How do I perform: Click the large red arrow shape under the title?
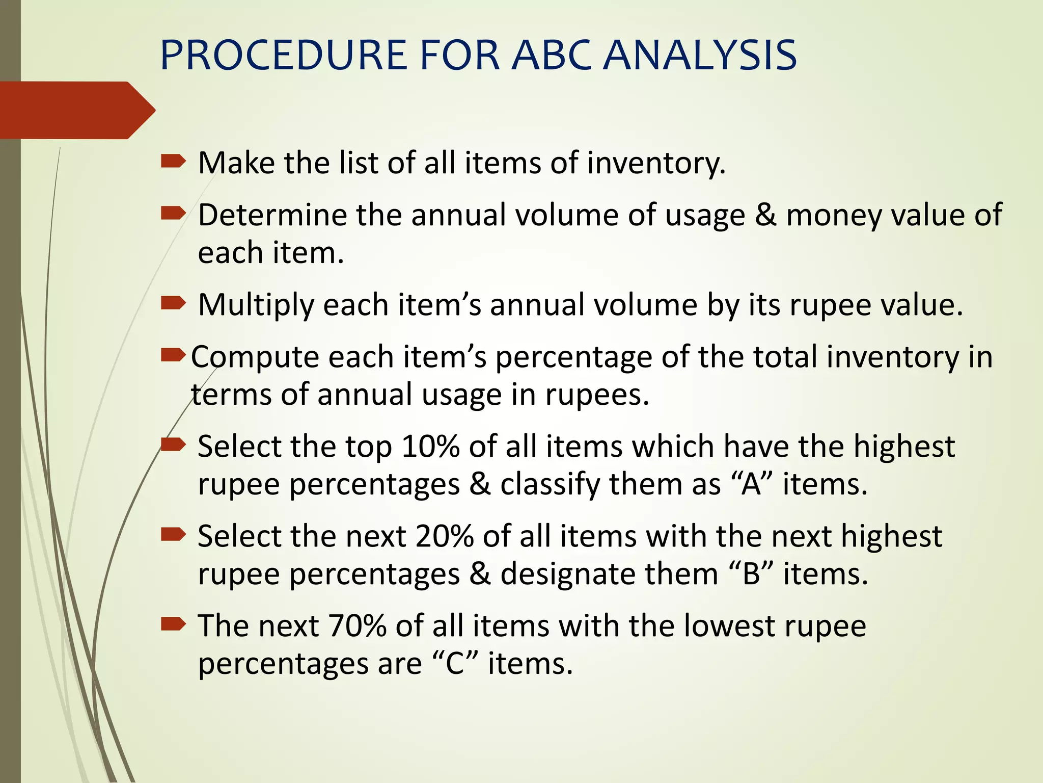pyautogui.click(x=76, y=110)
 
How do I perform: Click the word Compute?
pyautogui.click(x=255, y=357)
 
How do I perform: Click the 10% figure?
pyautogui.click(x=430, y=447)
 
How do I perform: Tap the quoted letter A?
pyautogui.click(x=751, y=484)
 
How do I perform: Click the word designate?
pyautogui.click(x=568, y=574)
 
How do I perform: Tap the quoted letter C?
pyautogui.click(x=455, y=664)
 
